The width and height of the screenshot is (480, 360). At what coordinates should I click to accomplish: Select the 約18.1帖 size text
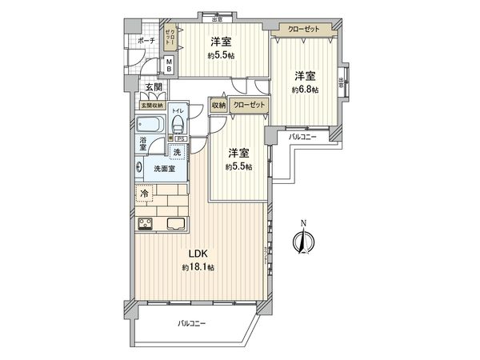click(198, 266)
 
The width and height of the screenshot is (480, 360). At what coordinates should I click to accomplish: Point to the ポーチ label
click(146, 40)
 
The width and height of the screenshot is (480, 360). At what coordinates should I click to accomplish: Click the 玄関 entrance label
click(154, 88)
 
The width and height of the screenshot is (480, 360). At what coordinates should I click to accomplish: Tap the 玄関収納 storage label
click(151, 105)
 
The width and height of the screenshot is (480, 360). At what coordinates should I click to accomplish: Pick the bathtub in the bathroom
click(151, 126)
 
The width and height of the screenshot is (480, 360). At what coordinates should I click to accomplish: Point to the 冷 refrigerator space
click(145, 194)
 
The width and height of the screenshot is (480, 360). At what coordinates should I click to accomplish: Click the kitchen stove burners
click(148, 225)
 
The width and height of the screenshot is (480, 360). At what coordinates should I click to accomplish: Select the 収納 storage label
click(218, 104)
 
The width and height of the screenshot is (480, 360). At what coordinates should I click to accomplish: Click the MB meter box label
click(169, 65)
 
